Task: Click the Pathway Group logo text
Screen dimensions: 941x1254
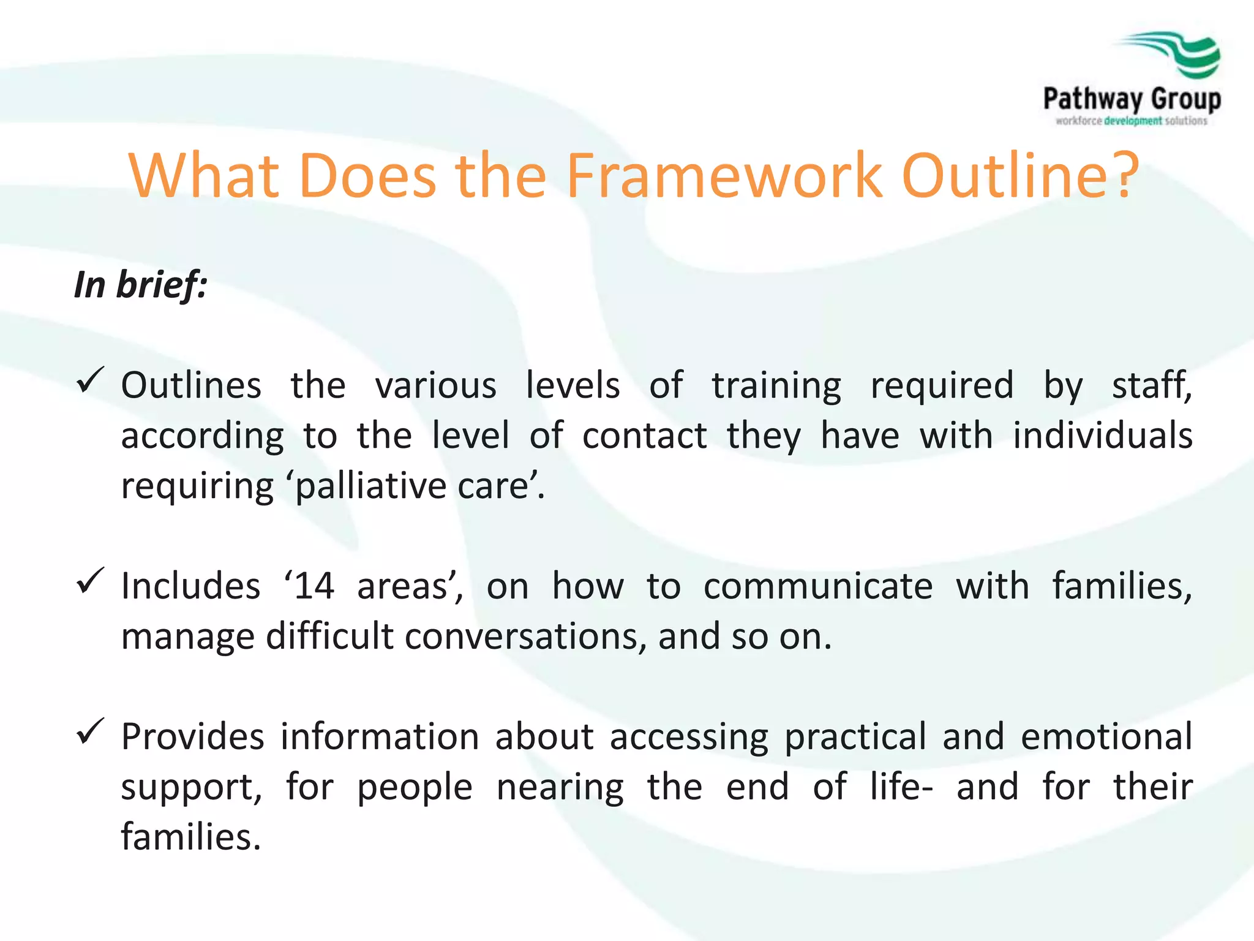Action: click(1132, 99)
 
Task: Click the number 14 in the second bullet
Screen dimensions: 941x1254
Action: click(313, 586)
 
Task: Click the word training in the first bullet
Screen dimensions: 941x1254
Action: click(776, 386)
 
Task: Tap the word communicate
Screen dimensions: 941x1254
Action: click(818, 586)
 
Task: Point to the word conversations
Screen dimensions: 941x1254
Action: click(525, 637)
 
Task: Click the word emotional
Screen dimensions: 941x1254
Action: click(1106, 737)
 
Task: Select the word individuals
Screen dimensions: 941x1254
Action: click(1102, 436)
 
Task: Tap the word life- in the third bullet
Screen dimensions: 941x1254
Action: click(901, 787)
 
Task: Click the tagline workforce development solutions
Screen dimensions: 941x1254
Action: click(1131, 121)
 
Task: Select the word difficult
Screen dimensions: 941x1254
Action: click(329, 637)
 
